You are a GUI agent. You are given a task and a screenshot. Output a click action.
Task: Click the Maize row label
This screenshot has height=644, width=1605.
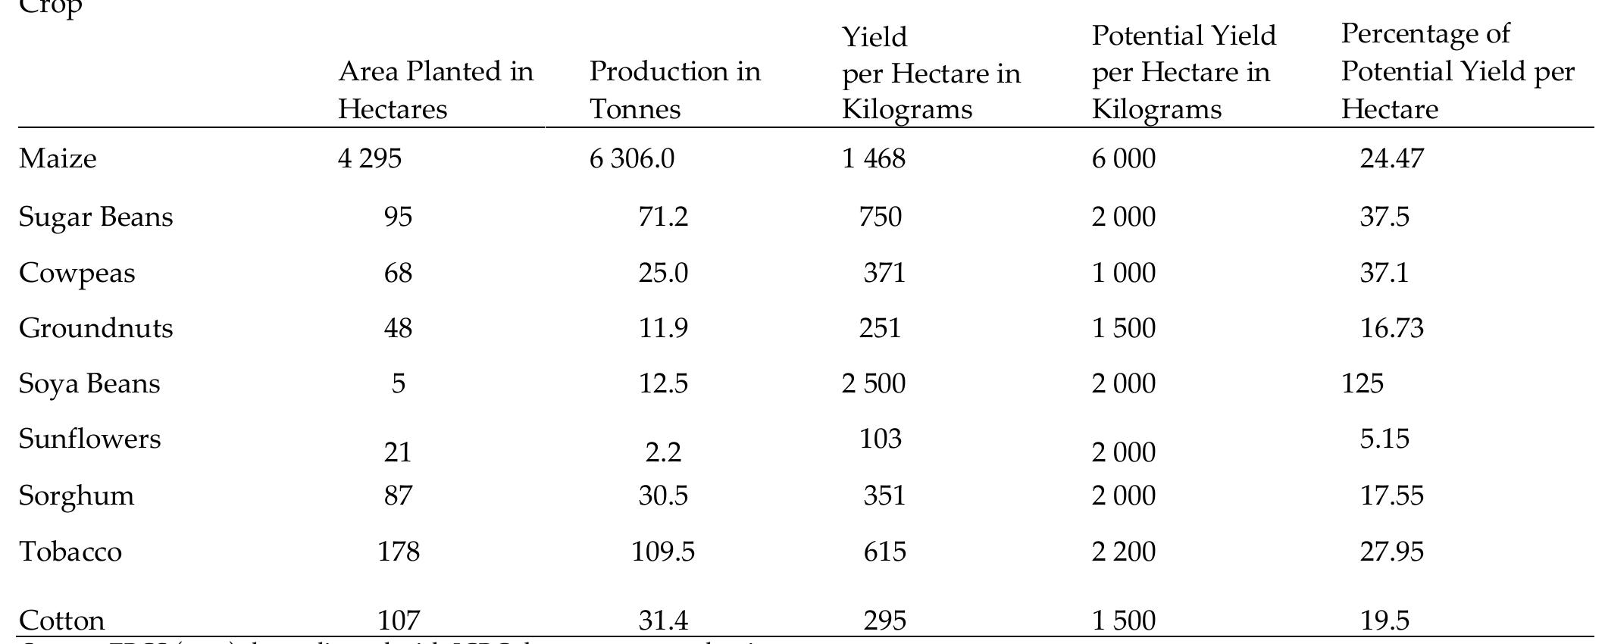58,158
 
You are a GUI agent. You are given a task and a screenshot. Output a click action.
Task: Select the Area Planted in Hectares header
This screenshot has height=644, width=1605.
436,90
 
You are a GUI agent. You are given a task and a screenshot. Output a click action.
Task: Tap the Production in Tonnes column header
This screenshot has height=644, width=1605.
674,90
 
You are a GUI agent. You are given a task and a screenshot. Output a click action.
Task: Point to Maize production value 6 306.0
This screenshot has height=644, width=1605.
632,158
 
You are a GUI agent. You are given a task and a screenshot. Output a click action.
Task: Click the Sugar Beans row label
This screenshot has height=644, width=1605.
95,217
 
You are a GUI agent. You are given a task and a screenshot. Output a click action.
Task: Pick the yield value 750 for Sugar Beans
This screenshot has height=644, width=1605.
881,217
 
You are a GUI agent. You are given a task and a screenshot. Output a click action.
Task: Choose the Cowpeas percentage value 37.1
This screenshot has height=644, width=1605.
1384,273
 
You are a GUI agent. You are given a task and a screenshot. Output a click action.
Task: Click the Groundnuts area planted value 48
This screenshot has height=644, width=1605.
398,328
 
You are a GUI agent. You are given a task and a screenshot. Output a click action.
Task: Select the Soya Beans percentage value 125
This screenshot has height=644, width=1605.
1362,383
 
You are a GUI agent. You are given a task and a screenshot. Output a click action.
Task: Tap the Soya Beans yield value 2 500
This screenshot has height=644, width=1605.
873,383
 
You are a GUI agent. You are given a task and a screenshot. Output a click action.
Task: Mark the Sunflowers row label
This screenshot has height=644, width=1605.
89,439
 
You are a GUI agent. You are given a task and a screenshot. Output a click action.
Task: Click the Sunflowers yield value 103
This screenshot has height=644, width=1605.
881,439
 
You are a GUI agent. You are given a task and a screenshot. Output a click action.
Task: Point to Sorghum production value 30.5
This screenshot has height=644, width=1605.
663,496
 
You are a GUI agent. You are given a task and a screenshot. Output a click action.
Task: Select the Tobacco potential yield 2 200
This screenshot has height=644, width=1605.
1124,552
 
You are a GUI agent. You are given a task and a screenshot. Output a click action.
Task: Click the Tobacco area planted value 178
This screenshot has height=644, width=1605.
398,552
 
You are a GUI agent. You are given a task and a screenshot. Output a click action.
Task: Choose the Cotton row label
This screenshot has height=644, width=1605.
61,621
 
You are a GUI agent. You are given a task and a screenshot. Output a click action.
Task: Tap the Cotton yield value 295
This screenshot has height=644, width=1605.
884,621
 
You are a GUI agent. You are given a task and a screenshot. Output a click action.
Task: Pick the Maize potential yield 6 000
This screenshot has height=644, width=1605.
1124,158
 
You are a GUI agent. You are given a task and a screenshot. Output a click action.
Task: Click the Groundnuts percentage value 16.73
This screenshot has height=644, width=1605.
1391,328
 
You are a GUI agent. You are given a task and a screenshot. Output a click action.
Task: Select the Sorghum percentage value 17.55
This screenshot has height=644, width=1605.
1391,496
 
